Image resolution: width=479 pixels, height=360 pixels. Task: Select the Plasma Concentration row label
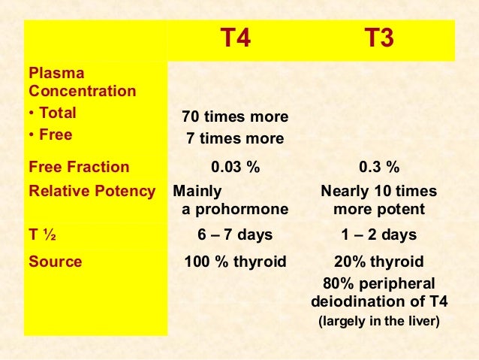tap(82, 83)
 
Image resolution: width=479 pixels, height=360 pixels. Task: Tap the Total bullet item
tap(53, 115)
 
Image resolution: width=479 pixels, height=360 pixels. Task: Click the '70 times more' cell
tap(235, 117)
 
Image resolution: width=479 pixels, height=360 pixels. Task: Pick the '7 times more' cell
tap(235, 139)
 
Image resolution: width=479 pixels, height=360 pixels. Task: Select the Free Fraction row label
tap(79, 167)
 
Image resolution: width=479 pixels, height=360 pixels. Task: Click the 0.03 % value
tap(235, 167)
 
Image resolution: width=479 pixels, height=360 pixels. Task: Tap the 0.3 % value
tap(378, 167)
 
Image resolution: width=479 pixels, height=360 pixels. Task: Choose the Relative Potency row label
tap(92, 191)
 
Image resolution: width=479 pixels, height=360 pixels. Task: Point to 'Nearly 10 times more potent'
tap(378, 200)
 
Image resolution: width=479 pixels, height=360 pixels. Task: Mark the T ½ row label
tap(44, 235)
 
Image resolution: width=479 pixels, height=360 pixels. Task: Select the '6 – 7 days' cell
tap(235, 235)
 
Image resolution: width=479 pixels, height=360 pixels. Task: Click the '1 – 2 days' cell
tap(378, 235)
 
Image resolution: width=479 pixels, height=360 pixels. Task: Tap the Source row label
tap(55, 262)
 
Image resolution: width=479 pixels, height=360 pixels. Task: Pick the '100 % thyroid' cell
tap(235, 262)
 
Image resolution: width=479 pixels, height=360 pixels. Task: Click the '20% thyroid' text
tap(378, 262)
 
